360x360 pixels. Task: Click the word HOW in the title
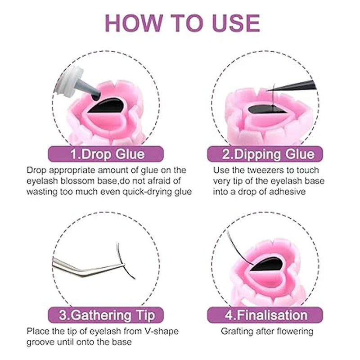(130, 23)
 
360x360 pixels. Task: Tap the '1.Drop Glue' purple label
(106, 154)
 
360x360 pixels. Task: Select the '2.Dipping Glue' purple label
(265, 154)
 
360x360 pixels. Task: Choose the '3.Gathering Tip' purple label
(106, 315)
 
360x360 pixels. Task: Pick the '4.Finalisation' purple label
(265, 315)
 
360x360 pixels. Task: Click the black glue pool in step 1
(106, 106)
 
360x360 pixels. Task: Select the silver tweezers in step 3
(88, 267)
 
